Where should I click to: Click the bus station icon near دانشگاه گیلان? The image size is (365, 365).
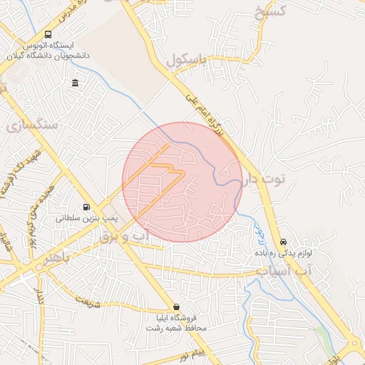(48, 34)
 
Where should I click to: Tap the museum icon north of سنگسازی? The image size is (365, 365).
(76, 84)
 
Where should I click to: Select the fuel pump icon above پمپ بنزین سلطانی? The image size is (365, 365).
(87, 207)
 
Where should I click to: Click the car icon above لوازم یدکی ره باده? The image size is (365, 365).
(284, 242)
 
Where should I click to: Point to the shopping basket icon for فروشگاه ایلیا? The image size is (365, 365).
(176, 307)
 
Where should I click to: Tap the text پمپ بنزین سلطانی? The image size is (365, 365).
(86, 219)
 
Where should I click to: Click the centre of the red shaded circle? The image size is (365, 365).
(182, 182)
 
